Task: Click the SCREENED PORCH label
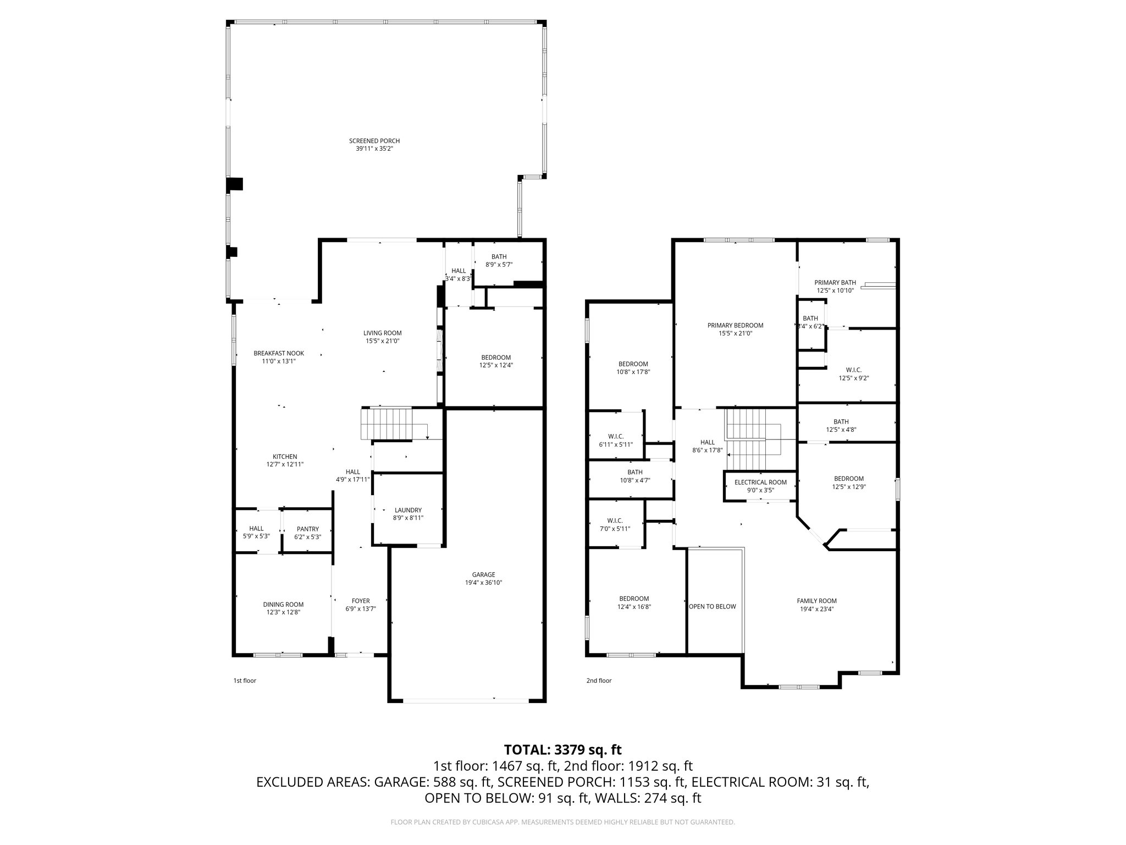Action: (x=374, y=141)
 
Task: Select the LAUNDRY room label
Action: (x=407, y=510)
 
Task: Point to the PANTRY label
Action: (x=307, y=529)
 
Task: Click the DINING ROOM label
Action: (x=283, y=604)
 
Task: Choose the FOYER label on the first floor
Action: (x=361, y=601)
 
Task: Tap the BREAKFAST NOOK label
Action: (x=279, y=353)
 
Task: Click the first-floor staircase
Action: (x=387, y=424)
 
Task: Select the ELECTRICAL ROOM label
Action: (x=760, y=482)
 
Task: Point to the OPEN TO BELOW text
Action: (x=712, y=606)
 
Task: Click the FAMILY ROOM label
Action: (x=816, y=601)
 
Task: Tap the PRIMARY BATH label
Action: (x=835, y=283)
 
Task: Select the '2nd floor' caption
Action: (x=599, y=681)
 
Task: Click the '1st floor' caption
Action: (x=245, y=681)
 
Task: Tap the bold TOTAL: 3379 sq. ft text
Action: (x=562, y=750)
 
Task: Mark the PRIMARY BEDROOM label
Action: (x=735, y=325)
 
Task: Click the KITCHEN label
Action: (x=285, y=457)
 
